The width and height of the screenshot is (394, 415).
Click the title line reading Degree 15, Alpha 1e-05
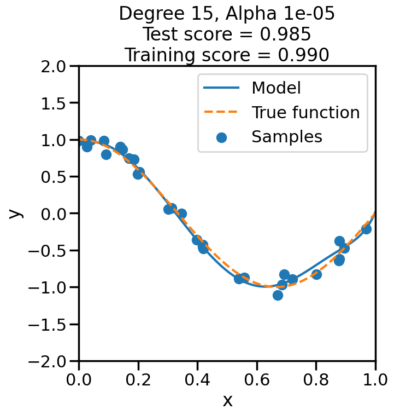pos(227,14)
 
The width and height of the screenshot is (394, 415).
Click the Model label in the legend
pos(276,88)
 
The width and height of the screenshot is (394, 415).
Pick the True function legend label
pos(305,112)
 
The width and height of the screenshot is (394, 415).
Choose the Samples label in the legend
pos(287,137)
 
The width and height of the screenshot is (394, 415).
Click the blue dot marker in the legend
pos(221,137)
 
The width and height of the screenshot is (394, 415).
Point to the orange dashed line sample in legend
pos(221,112)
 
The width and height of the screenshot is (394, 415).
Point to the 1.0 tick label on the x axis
pos(375,379)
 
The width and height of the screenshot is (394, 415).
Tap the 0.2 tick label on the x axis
pos(138,379)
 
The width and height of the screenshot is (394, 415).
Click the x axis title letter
pos(227,401)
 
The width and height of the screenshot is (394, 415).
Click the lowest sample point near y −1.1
pos(278,295)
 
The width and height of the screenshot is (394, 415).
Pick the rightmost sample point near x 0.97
pos(366,229)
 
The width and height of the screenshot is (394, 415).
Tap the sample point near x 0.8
pos(316,274)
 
